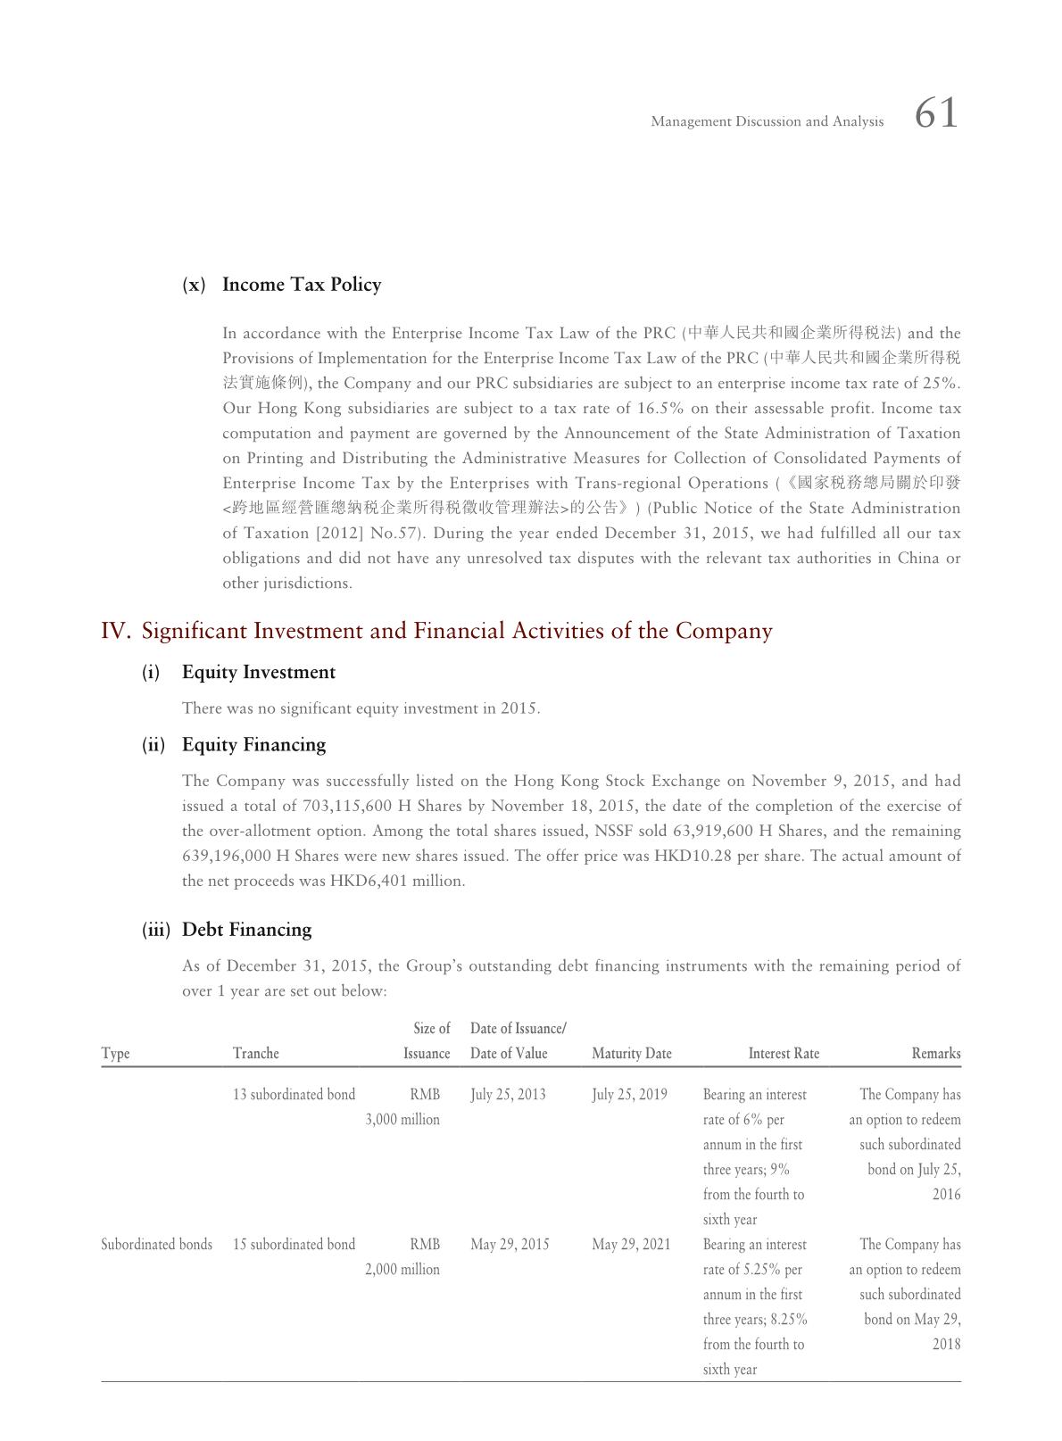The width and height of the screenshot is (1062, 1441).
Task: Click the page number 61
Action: (x=936, y=114)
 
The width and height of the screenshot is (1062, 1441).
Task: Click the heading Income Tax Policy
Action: (x=302, y=285)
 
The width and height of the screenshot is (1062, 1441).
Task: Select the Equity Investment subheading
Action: (x=259, y=673)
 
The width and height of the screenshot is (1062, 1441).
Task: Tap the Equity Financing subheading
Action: (x=253, y=745)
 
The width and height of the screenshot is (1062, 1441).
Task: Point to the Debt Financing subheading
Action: (x=246, y=930)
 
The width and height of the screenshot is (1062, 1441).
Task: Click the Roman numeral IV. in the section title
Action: (x=116, y=632)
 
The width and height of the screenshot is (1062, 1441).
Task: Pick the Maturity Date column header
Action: (x=632, y=1054)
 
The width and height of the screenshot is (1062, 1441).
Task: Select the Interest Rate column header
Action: (x=784, y=1054)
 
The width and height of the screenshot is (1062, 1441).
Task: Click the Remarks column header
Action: (x=935, y=1054)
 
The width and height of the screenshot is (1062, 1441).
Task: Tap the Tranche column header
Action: (x=256, y=1054)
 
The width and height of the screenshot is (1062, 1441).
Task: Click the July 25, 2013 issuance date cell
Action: (x=508, y=1095)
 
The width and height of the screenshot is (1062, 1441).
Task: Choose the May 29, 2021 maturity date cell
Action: (x=631, y=1245)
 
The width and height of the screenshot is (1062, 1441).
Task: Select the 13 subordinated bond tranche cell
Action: (x=294, y=1095)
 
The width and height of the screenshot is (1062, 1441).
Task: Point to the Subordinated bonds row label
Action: (x=156, y=1245)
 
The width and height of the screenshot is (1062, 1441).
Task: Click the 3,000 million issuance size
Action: (x=402, y=1120)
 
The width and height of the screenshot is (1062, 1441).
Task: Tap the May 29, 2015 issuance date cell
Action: (x=510, y=1245)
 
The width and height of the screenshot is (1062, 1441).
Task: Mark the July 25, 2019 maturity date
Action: (x=629, y=1095)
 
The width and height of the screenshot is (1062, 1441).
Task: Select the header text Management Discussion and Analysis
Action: (x=767, y=121)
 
